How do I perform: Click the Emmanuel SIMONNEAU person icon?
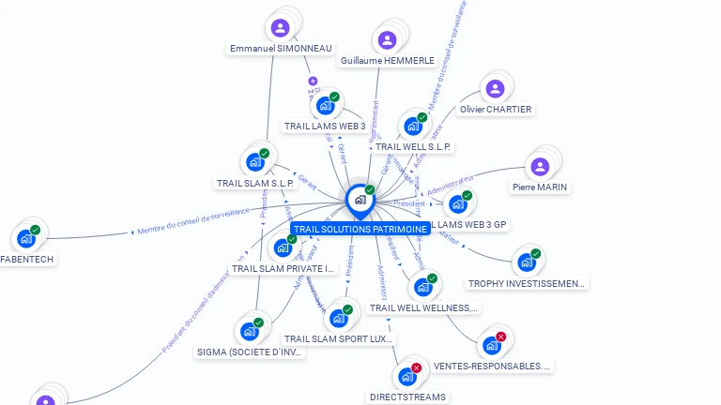(x=280, y=27)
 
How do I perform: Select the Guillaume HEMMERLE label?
(x=388, y=60)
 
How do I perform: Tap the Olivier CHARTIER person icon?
(x=495, y=89)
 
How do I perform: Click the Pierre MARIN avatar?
(x=540, y=167)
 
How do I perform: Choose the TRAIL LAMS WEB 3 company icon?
(x=325, y=105)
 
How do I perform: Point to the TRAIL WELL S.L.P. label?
(x=413, y=146)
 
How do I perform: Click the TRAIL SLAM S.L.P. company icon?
(x=254, y=161)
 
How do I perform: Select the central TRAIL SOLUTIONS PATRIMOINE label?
(x=360, y=229)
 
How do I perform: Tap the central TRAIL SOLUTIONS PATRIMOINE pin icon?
(x=360, y=200)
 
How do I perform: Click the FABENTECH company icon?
(x=25, y=238)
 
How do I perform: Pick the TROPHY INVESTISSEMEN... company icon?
(x=525, y=262)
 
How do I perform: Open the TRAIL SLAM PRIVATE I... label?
(x=284, y=268)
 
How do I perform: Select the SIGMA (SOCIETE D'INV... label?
(x=251, y=352)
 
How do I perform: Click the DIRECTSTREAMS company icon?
(x=407, y=376)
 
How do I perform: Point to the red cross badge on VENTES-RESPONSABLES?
(x=500, y=337)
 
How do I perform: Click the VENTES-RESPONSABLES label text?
(x=492, y=366)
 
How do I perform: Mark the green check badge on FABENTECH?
(x=35, y=230)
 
